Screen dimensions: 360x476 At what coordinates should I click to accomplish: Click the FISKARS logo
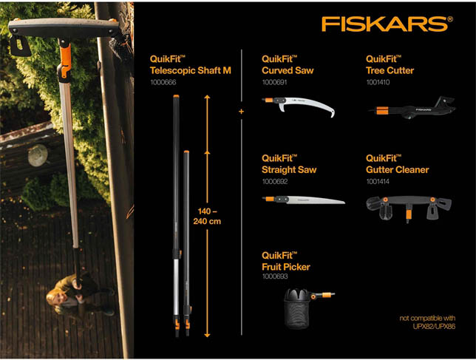[x=386, y=23]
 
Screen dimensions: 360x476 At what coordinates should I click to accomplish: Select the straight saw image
[x=303, y=200]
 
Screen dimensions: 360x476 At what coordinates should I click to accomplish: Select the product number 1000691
[x=273, y=83]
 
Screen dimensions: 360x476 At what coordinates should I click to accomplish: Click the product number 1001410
[x=378, y=83]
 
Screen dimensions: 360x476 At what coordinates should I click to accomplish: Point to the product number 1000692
[x=273, y=182]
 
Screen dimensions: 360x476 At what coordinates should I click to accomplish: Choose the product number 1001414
[x=378, y=182]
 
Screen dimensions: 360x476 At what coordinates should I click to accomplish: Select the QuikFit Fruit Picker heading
[x=286, y=261]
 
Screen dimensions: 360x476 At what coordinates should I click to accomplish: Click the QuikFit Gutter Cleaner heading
[x=397, y=164]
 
